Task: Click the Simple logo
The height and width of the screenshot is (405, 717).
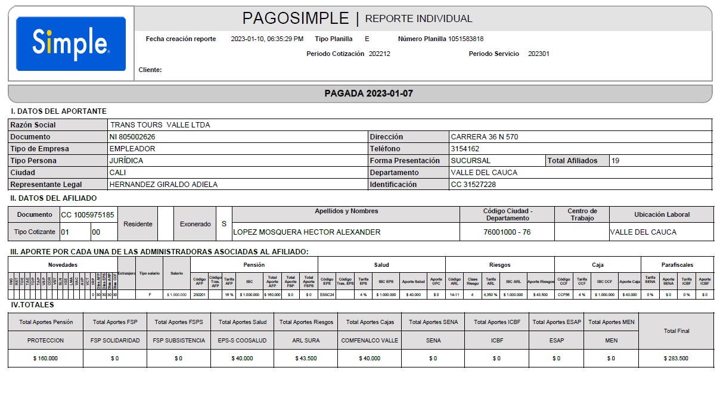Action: point(70,43)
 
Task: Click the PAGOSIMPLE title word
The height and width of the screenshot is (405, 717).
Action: point(295,18)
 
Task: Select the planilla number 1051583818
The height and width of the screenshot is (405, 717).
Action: point(466,39)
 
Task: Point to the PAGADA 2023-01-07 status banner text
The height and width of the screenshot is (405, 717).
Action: point(368,94)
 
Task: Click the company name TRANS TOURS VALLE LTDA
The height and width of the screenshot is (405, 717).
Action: point(160,125)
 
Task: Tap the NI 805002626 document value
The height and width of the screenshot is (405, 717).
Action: point(132,137)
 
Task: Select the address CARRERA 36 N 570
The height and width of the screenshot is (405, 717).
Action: point(484,137)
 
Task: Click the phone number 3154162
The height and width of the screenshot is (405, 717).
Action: point(465,149)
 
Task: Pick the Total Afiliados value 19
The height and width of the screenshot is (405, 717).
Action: point(616,161)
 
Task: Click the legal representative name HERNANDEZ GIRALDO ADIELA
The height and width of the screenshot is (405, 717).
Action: point(163,185)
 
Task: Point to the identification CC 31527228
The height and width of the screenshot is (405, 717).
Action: point(474,185)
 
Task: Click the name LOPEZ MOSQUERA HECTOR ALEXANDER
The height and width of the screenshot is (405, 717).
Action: point(306,232)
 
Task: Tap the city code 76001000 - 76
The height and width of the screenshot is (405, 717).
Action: point(507,232)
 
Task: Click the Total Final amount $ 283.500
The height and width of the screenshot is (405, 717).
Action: point(676,359)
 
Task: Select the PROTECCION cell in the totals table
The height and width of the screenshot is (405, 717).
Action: point(45,341)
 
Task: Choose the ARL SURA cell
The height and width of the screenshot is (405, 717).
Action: point(306,341)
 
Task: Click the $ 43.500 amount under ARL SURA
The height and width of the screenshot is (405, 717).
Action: point(306,359)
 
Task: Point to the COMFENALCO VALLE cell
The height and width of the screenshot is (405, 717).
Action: point(370,341)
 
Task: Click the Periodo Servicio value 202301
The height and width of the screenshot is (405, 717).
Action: point(539,54)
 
